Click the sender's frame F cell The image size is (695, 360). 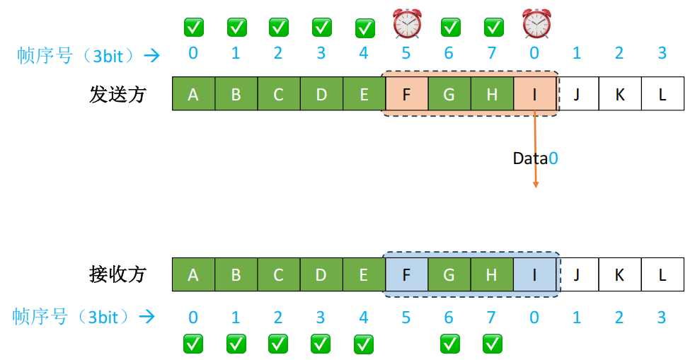tap(406, 94)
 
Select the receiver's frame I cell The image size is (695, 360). tap(534, 274)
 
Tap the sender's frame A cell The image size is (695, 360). tap(193, 94)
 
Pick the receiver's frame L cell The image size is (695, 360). tap(662, 274)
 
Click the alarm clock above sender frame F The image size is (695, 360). tap(407, 25)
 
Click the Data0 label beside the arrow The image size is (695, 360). tap(535, 158)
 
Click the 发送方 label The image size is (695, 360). tap(117, 94)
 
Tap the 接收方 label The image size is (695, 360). tap(117, 274)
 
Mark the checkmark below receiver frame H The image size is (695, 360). tap(493, 344)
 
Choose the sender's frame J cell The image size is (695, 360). tap(577, 94)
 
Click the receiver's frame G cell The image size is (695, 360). tap(449, 274)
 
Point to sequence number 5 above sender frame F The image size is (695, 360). tap(406, 54)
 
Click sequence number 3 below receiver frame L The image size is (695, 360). tap(662, 318)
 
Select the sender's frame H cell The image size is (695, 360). tap(492, 94)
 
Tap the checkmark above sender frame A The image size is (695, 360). tap(193, 27)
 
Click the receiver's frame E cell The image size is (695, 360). tap(364, 274)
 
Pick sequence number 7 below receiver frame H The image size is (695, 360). tap(492, 318)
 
